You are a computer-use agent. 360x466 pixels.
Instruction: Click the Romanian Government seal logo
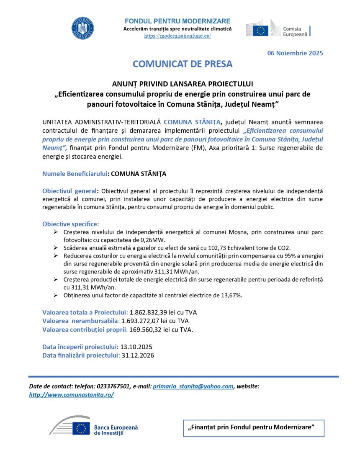[x=82, y=28]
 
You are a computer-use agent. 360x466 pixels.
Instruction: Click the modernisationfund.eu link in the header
[x=177, y=36]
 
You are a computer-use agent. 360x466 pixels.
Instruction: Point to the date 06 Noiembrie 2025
[x=295, y=53]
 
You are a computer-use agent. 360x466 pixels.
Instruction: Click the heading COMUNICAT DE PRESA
[x=183, y=64]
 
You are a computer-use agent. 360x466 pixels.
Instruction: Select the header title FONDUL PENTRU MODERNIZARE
[x=177, y=21]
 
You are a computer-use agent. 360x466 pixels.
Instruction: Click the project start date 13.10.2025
[x=136, y=347]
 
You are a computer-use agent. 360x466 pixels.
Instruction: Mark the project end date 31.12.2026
[x=138, y=355]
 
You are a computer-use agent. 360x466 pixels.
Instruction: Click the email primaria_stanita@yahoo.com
[x=193, y=386]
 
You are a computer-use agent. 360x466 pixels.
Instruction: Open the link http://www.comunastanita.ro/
[x=71, y=395]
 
